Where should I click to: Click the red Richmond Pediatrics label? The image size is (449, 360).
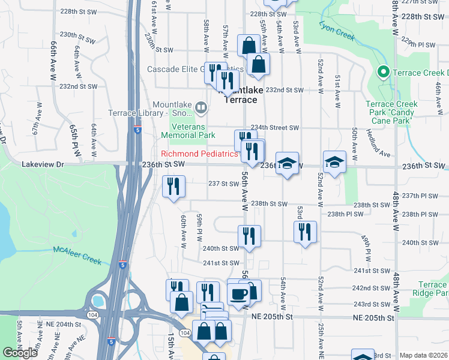199,154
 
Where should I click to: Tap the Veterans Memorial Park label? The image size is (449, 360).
188,131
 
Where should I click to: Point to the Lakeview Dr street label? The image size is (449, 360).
43,164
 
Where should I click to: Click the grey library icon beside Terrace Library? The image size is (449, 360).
200,109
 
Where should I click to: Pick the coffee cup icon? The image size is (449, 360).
239,293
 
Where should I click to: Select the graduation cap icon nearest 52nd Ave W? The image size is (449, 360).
334,162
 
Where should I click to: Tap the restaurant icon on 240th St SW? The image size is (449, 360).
249,236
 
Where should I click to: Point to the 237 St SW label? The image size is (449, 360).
223,184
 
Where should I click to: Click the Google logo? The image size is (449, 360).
20,352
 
